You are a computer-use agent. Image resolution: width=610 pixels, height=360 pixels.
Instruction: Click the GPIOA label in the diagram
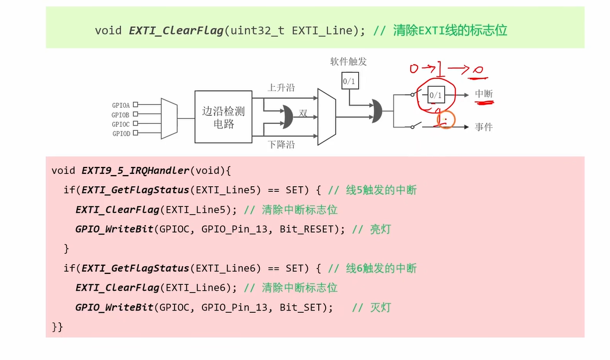(120, 105)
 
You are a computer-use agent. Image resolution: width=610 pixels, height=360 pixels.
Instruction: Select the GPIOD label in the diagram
(120, 133)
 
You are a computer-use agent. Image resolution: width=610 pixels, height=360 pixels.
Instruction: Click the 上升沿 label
(281, 87)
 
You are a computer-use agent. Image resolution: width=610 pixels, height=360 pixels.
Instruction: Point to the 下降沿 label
(281, 144)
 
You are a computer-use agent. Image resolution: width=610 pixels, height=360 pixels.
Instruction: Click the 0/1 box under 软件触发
(349, 81)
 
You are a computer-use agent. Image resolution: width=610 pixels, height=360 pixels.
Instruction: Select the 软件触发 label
(348, 62)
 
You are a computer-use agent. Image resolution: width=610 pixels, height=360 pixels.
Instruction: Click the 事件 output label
(484, 127)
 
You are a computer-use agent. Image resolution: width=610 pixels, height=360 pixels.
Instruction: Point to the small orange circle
(445, 120)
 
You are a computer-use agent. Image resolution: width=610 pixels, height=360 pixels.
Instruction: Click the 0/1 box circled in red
(436, 94)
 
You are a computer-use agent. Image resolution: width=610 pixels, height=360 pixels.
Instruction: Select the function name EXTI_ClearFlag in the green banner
(175, 30)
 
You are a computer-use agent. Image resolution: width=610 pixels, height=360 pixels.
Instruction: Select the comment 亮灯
(380, 229)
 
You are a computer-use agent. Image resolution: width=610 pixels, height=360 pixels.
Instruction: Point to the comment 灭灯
(380, 307)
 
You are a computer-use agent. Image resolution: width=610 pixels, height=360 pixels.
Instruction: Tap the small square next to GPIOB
(135, 115)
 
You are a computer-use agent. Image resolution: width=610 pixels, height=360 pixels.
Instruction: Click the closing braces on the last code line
(57, 327)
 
